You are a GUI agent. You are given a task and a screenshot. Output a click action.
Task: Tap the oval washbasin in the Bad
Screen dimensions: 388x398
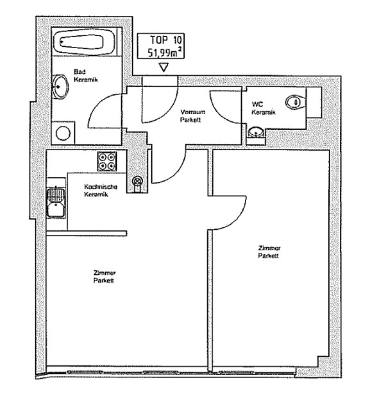point(60,87)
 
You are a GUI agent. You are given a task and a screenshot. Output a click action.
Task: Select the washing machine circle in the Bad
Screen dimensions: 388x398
point(63,133)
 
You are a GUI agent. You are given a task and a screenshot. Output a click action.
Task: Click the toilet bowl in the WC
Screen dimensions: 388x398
point(296,102)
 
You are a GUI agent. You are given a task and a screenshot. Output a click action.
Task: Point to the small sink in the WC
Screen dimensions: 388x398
point(256,133)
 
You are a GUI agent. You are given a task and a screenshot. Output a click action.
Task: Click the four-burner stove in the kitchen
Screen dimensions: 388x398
point(107,161)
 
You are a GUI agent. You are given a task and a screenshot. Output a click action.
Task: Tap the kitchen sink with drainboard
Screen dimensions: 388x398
point(56,202)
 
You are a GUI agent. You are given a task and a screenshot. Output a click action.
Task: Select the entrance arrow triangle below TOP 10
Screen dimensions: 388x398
point(164,67)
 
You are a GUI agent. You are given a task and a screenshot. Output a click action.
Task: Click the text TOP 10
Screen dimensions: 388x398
point(166,40)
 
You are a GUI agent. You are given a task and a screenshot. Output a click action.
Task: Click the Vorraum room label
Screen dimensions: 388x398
point(193,112)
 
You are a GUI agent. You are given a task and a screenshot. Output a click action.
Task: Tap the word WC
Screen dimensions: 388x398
point(257,104)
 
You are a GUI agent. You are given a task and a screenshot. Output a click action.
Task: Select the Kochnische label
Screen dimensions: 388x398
point(100,187)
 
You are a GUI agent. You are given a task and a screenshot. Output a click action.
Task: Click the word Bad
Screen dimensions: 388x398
point(80,71)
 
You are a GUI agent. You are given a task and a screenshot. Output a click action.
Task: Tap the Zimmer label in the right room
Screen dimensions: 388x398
point(269,248)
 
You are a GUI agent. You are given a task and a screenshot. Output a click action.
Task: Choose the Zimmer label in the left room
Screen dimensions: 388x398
point(105,273)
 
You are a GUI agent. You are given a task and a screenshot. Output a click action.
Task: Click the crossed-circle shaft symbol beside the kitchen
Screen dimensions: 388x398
point(137,181)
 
